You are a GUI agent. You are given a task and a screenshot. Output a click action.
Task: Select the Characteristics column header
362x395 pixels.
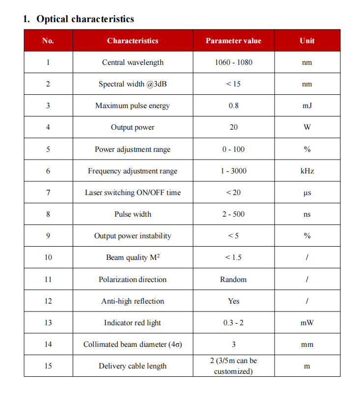133,41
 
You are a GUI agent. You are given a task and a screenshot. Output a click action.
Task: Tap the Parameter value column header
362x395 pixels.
233,41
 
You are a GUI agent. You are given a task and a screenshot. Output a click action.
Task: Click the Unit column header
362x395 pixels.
307,41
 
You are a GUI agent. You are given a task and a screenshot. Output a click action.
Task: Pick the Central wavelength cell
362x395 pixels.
133,62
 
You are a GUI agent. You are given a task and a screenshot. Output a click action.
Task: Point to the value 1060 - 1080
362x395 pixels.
233,62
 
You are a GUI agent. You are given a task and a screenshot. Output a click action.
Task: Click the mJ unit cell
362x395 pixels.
307,106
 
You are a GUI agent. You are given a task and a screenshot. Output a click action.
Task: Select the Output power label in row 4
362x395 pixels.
133,127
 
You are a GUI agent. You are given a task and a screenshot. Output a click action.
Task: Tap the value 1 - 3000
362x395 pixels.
233,171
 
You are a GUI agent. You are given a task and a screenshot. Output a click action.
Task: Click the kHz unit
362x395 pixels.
307,171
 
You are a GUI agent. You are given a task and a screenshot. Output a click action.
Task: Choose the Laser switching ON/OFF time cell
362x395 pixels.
133,193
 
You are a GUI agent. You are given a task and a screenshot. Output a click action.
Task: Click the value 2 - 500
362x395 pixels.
233,214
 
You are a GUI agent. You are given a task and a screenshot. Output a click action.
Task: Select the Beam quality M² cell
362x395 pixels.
133,257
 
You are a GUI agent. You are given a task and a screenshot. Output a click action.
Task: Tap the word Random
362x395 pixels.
233,280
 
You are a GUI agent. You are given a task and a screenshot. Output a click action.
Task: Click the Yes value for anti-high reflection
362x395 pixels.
233,301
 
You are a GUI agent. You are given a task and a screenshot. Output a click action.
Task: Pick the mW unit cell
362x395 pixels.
307,323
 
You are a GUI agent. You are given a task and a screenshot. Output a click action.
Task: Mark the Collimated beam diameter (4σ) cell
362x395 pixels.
133,344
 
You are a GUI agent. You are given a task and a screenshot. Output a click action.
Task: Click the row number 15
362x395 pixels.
48,366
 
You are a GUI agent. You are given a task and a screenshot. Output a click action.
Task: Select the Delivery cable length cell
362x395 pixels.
133,366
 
